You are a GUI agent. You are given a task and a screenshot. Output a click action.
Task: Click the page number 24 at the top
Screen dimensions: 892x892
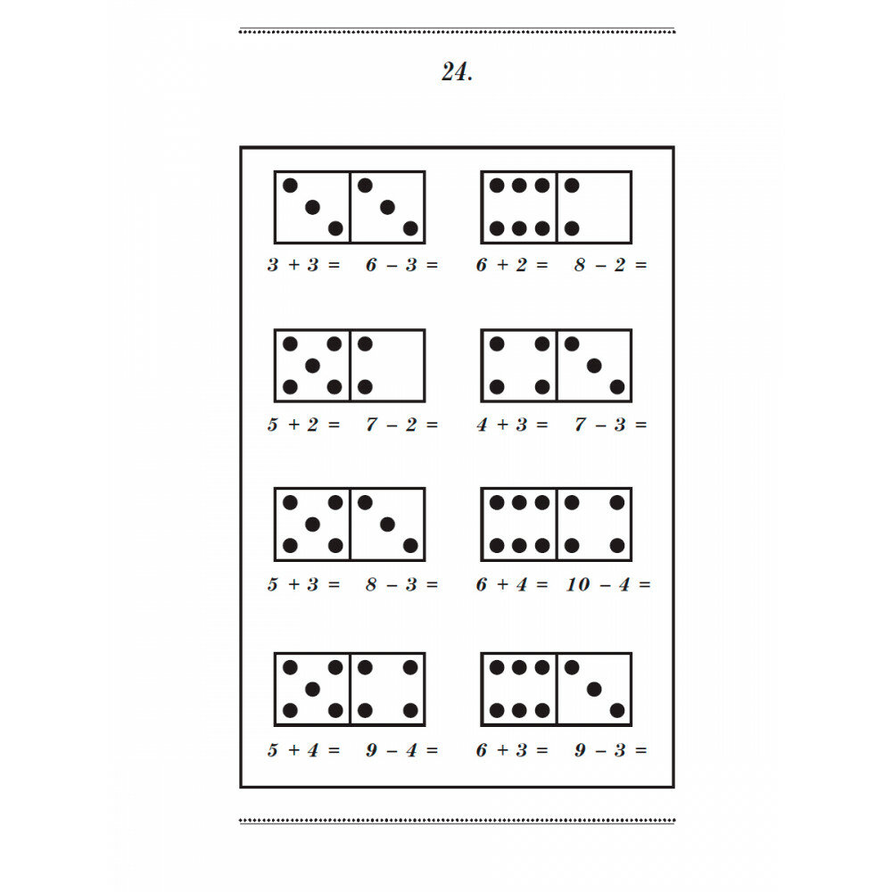coord(456,73)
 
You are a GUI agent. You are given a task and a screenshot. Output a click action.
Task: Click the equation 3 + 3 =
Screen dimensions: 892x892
coord(304,265)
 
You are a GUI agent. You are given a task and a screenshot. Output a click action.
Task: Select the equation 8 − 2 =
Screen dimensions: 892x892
coord(611,265)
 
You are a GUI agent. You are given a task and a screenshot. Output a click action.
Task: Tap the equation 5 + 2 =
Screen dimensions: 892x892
coord(304,425)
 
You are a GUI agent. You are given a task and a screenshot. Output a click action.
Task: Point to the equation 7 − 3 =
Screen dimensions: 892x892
coord(611,425)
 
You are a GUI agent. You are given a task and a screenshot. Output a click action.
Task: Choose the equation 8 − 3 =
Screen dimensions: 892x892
coord(402,585)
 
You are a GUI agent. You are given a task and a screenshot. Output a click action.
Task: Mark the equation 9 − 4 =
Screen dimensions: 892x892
coord(402,751)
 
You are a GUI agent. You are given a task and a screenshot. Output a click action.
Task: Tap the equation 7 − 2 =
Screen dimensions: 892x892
coord(402,425)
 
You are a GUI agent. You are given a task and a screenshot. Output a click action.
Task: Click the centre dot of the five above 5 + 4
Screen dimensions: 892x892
coord(312,689)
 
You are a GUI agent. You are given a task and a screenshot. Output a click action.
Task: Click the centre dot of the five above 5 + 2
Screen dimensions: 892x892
coord(312,366)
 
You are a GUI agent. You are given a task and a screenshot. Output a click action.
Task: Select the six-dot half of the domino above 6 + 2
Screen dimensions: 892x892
coord(519,207)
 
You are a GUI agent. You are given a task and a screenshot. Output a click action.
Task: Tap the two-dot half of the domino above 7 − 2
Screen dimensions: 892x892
coord(387,366)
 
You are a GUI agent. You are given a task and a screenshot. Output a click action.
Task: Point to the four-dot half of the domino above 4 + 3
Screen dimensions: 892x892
coord(519,366)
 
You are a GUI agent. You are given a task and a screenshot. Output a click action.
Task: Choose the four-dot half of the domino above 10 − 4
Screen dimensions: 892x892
coord(594,524)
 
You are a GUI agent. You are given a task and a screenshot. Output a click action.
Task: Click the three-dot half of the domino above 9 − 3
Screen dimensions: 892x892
coord(594,689)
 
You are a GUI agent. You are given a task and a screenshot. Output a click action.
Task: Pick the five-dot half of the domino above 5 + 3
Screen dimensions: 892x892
coord(312,524)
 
